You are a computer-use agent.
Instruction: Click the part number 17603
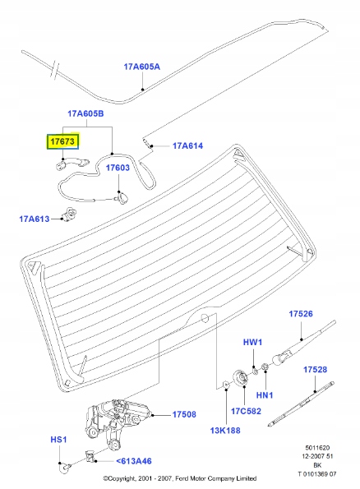point(118,167)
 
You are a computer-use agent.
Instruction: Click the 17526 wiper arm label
point(301,314)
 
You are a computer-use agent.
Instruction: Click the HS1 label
point(58,441)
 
